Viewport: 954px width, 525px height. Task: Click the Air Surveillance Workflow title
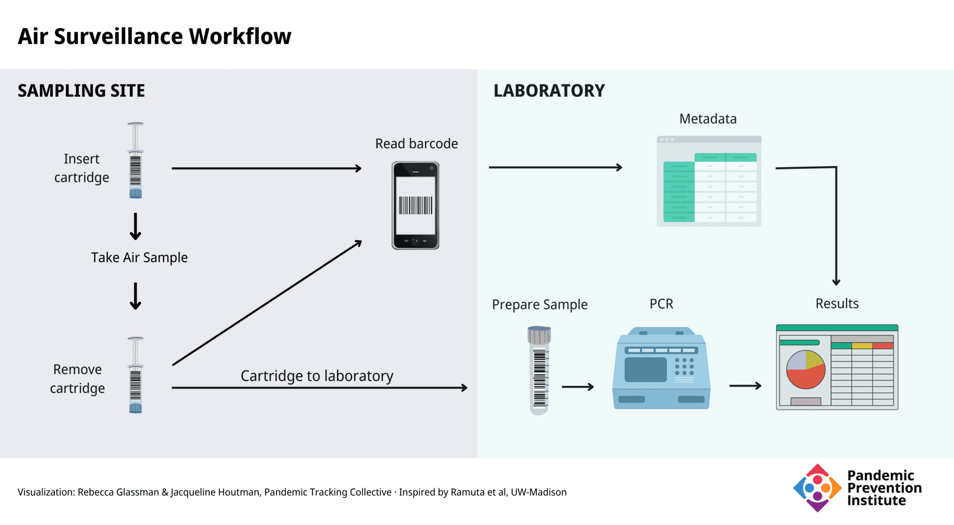point(154,36)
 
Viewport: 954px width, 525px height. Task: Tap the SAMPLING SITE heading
point(81,90)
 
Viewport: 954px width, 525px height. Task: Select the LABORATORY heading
point(549,90)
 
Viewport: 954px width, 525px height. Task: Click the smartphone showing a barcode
point(416,205)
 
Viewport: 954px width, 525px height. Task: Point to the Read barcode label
point(416,143)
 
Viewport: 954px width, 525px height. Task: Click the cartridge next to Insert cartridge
point(136,160)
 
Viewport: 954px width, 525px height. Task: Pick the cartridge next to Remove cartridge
point(136,375)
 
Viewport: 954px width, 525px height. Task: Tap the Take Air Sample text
point(139,257)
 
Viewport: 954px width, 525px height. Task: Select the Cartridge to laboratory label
point(317,376)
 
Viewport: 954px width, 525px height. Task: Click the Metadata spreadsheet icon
point(709,181)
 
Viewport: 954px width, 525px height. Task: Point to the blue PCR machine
point(661,368)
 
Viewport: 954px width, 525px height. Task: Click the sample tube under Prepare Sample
point(539,370)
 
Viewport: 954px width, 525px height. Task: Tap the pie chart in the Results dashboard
point(806,370)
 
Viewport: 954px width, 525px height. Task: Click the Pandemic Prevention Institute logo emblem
point(818,488)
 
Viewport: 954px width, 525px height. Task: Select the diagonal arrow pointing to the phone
point(267,303)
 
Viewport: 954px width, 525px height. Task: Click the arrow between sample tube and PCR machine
point(578,387)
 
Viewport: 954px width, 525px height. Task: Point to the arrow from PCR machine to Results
point(745,385)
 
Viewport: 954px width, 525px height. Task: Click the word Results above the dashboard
point(837,303)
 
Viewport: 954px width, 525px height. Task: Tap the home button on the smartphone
point(416,241)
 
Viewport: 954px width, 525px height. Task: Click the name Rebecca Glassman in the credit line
point(118,492)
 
